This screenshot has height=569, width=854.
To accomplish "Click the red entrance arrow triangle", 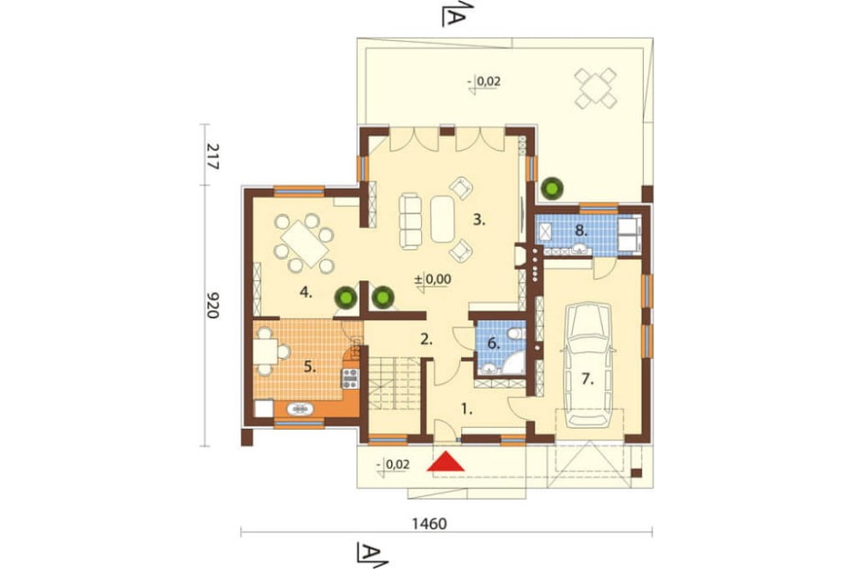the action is (x=446, y=461).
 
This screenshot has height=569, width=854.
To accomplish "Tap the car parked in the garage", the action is (x=588, y=364).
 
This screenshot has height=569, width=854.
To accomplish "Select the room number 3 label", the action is (x=479, y=220).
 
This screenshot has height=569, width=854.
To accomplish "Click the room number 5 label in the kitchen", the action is (x=309, y=367).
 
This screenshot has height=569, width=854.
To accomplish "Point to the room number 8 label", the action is (x=582, y=231).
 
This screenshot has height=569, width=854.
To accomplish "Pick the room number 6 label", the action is (x=494, y=343).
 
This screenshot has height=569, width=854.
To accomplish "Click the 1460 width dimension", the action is (x=430, y=524).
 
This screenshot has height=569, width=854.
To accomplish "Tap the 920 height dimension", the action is (x=213, y=305).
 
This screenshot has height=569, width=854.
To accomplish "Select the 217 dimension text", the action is (x=213, y=156).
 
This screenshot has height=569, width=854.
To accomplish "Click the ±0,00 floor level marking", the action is (x=433, y=279).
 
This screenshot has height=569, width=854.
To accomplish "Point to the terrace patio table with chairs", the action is (x=596, y=88).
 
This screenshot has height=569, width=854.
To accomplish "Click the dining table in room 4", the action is (x=304, y=243).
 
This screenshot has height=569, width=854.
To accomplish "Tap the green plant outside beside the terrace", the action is (x=552, y=188).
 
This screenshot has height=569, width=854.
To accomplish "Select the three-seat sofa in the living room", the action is (x=411, y=221).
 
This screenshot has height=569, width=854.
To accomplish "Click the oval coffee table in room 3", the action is (x=442, y=219).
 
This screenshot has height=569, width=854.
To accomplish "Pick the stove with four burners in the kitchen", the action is (x=350, y=378).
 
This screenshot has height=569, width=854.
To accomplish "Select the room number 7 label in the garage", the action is (x=588, y=378).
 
